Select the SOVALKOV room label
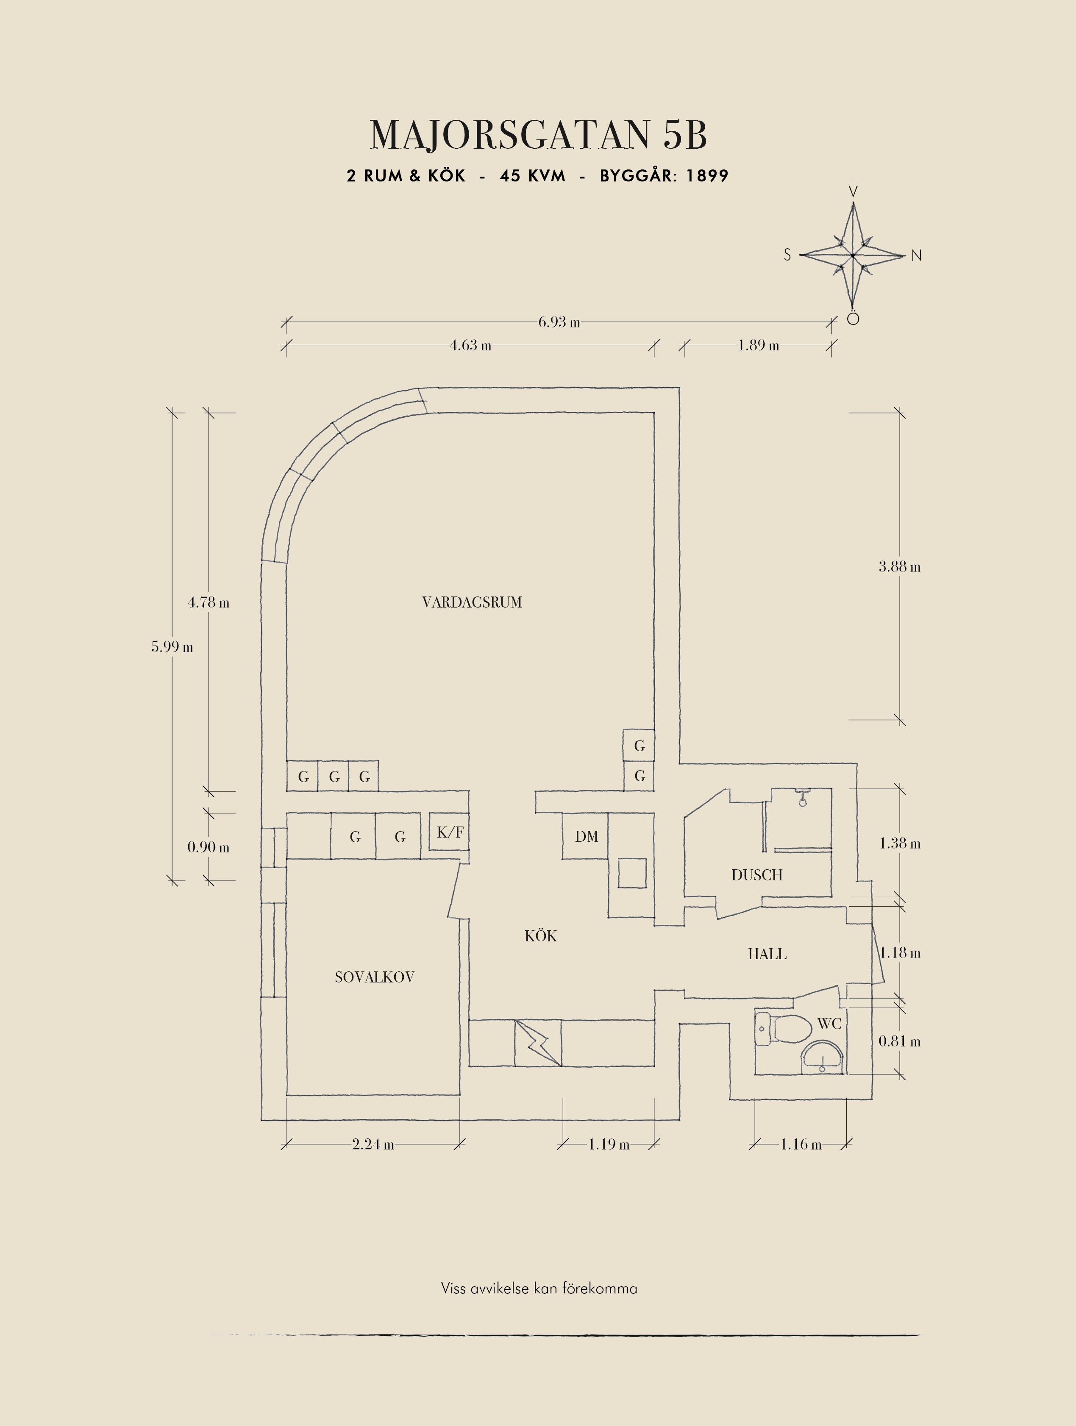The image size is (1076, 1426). tap(374, 977)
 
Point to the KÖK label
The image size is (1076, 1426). tap(540, 936)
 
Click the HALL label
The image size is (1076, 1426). tap(767, 954)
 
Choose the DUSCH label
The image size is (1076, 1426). tap(757, 875)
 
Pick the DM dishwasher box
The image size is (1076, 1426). tap(586, 836)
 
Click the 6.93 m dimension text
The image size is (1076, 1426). tap(559, 322)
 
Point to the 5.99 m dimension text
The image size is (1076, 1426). tap(172, 646)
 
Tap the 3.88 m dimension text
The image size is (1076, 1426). tap(899, 567)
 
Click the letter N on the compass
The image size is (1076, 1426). tap(916, 256)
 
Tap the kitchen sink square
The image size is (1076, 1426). tap(632, 874)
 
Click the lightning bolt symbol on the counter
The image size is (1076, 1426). tap(538, 1043)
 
